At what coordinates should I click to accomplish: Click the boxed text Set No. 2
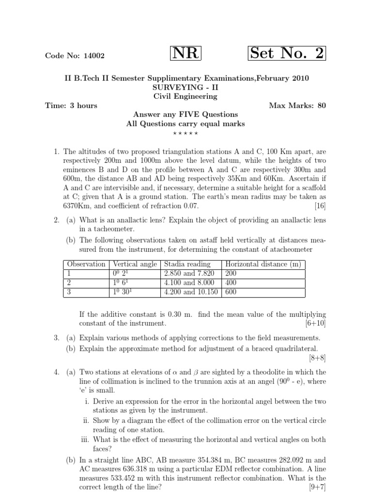pos(287,54)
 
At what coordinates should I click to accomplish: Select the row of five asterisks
pos(186,133)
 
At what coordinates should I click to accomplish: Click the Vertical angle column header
pos(135,264)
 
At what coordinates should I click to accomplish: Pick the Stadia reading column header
pos(187,264)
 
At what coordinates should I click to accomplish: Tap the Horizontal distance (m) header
pos(263,264)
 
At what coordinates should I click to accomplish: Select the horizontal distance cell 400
pos(230,282)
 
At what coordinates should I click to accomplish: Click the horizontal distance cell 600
pos(230,292)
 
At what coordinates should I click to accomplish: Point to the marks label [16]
pos(320,206)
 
